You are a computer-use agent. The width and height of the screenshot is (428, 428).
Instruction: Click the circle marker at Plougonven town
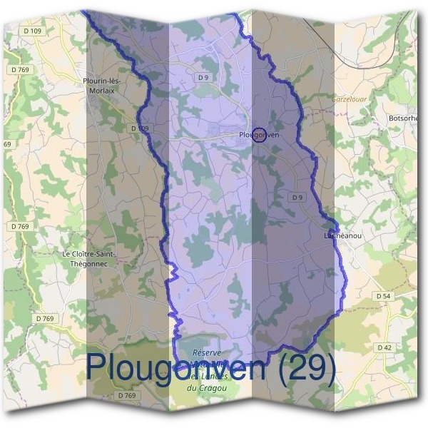pyautogui.click(x=260, y=135)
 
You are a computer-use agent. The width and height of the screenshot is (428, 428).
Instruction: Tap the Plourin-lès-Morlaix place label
pyautogui.click(x=103, y=85)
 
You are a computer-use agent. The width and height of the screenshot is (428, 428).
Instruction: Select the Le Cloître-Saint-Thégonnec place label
pyautogui.click(x=89, y=258)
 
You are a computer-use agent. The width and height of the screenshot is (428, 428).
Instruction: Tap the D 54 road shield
pyautogui.click(x=384, y=295)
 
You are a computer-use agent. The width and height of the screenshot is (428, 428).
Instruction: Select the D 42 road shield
pyautogui.click(x=384, y=347)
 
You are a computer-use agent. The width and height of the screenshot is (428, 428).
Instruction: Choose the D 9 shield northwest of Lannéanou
pyautogui.click(x=298, y=197)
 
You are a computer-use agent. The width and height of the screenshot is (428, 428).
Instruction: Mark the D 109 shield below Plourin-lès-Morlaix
pyautogui.click(x=140, y=128)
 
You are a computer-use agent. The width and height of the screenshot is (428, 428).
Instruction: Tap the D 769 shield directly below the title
pyautogui.click(x=126, y=395)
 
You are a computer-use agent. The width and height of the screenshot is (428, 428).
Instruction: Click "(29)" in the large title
pyautogui.click(x=306, y=367)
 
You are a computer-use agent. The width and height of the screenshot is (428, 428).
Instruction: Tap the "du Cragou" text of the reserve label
pyautogui.click(x=201, y=387)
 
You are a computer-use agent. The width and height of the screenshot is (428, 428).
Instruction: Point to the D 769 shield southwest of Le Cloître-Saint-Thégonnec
pyautogui.click(x=44, y=319)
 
